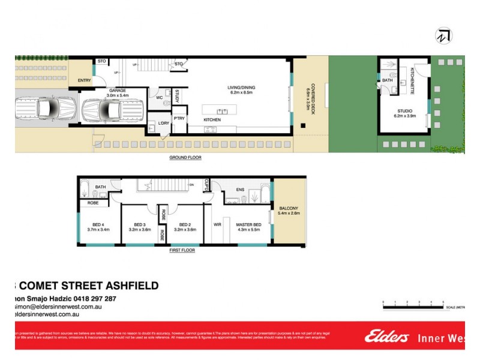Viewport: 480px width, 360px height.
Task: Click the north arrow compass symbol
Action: pyautogui.click(x=442, y=35)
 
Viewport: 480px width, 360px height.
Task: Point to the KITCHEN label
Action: pyautogui.click(x=212, y=120)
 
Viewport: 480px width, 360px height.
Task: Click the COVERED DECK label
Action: pyautogui.click(x=310, y=92)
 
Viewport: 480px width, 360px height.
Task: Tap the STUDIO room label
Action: pyautogui.click(x=404, y=110)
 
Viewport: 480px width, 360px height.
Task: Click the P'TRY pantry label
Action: pyautogui.click(x=179, y=118)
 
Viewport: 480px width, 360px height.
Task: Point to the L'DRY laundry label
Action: pyautogui.click(x=163, y=123)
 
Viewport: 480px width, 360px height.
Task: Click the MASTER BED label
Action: pyautogui.click(x=248, y=224)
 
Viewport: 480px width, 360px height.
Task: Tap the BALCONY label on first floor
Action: pyautogui.click(x=289, y=208)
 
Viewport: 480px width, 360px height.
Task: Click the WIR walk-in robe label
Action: pyautogui.click(x=217, y=226)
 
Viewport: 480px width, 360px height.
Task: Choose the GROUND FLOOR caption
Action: pyautogui.click(x=185, y=158)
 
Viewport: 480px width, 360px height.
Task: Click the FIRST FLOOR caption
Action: pyautogui.click(x=181, y=250)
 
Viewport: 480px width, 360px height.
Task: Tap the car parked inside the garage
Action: pyautogui.click(x=110, y=110)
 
